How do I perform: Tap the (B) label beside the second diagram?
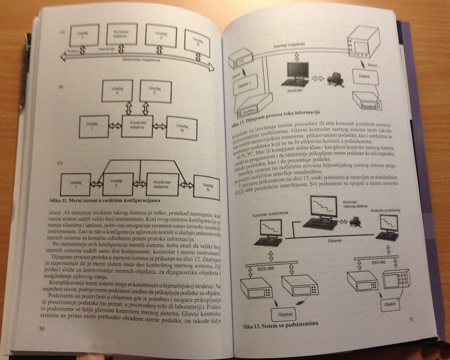62,85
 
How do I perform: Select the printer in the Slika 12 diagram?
334,79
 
